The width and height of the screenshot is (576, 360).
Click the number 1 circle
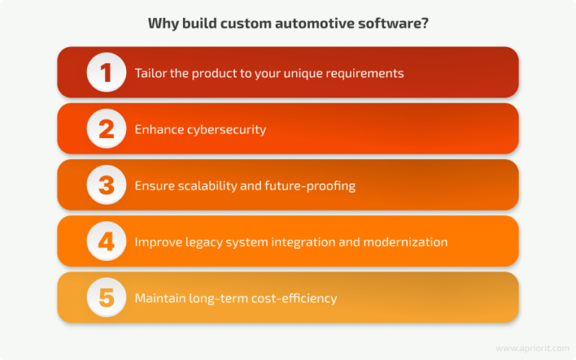(x=106, y=73)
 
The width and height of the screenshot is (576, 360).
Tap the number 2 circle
(x=106, y=129)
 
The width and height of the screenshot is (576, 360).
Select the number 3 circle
(x=106, y=185)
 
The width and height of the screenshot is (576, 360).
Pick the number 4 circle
(x=106, y=241)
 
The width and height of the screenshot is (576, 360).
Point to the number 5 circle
(x=106, y=298)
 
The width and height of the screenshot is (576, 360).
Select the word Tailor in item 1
(x=151, y=73)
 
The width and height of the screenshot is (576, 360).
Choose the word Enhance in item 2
(x=156, y=130)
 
